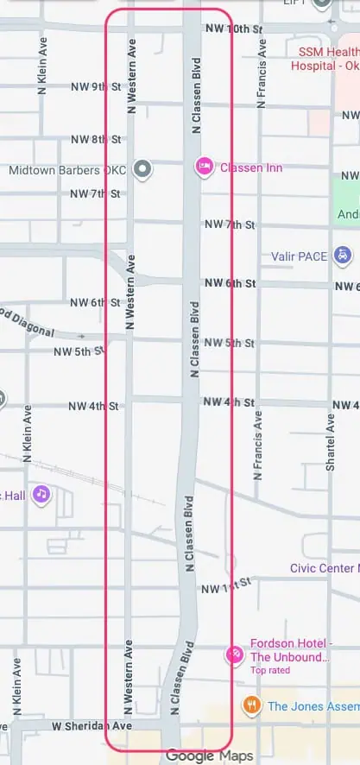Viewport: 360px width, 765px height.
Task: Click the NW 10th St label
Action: coord(234,29)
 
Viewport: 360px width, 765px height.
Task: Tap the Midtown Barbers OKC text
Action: coord(66,170)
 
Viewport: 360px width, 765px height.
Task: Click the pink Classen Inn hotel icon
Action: coord(205,166)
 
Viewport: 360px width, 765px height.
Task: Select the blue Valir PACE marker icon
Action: coord(344,255)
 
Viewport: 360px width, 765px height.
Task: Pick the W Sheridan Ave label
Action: coord(91,727)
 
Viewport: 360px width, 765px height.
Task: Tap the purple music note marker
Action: coord(41,494)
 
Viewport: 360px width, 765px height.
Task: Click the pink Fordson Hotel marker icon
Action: coord(232,654)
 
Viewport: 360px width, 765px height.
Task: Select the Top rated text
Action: coord(270,670)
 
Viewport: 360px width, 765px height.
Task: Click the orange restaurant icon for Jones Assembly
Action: coord(252,705)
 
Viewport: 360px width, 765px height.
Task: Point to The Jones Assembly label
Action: coord(313,706)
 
